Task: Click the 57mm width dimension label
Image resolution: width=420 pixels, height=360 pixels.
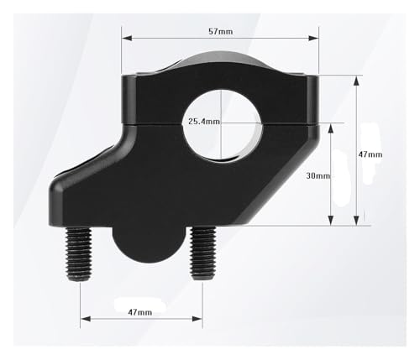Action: pos(221,31)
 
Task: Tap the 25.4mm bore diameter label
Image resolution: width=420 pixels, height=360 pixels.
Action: pos(204,122)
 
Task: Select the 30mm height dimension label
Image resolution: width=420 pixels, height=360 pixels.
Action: pos(318,175)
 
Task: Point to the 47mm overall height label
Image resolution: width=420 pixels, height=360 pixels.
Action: pos(370,154)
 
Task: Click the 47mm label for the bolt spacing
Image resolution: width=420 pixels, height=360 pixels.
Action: pos(140,312)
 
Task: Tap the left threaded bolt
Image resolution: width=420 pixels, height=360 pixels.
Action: pos(79,253)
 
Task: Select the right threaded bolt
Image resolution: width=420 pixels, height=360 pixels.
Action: pos(203,253)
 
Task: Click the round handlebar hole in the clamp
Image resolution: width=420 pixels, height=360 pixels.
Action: pos(223,125)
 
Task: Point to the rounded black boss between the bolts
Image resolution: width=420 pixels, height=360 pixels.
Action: pos(149,243)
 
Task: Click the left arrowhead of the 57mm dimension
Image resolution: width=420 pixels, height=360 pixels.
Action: pos(127,38)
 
